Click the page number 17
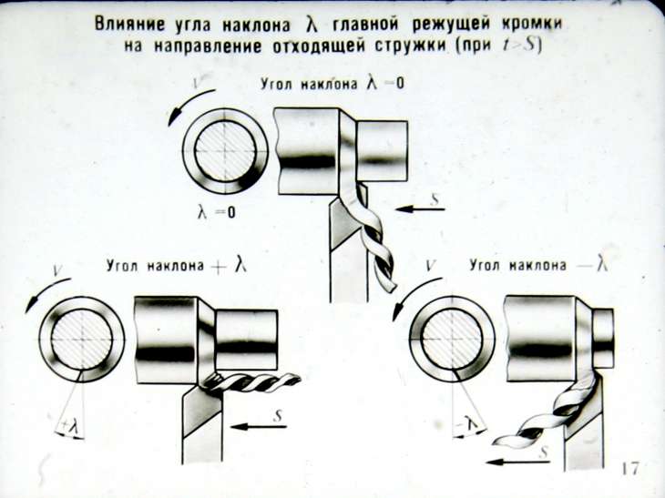629,469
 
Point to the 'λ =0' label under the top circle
216,211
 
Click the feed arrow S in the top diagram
419,208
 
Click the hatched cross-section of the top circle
225,151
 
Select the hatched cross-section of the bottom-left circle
82,340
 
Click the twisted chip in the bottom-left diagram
251,381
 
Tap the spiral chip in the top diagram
373,238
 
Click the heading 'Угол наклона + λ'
177,266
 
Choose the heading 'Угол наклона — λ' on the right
538,265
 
